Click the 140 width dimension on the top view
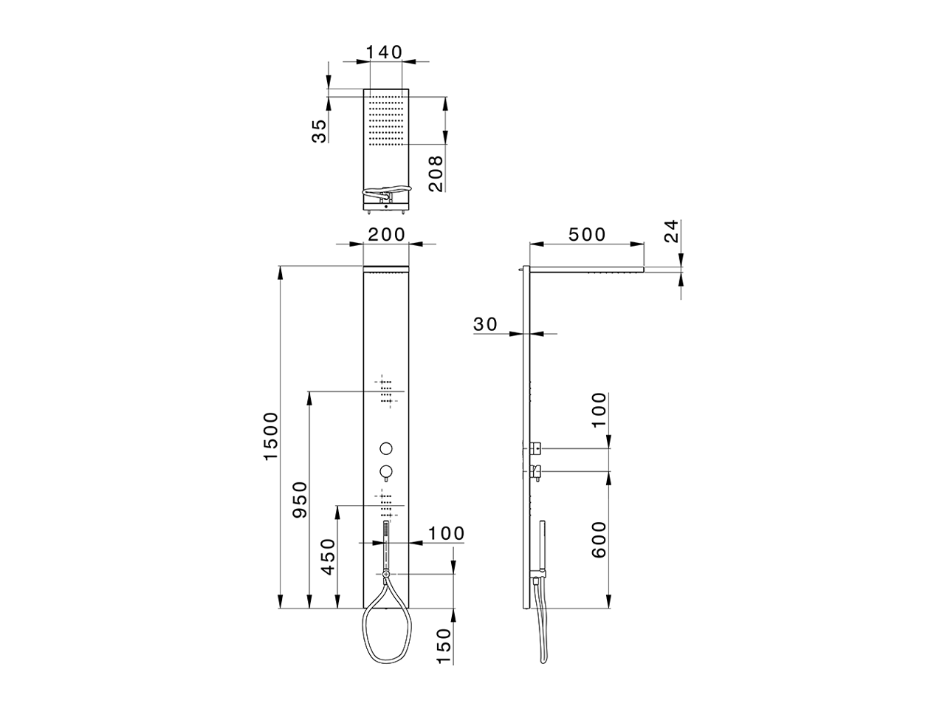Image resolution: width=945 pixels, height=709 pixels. [x=384, y=52]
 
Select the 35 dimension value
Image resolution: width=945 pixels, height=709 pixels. [x=319, y=131]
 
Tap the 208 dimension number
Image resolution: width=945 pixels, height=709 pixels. [x=436, y=174]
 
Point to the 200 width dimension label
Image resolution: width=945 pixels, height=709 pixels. [x=386, y=234]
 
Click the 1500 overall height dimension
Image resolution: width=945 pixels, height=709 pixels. [x=271, y=436]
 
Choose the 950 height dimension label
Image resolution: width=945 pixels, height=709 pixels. [x=300, y=499]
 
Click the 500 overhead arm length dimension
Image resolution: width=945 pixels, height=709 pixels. [x=587, y=234]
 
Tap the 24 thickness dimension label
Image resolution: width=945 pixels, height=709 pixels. [x=670, y=232]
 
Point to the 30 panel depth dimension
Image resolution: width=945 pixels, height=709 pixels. [x=486, y=323]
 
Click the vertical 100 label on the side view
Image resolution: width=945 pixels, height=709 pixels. [x=599, y=411]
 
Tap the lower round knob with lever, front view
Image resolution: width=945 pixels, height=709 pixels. [x=385, y=472]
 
